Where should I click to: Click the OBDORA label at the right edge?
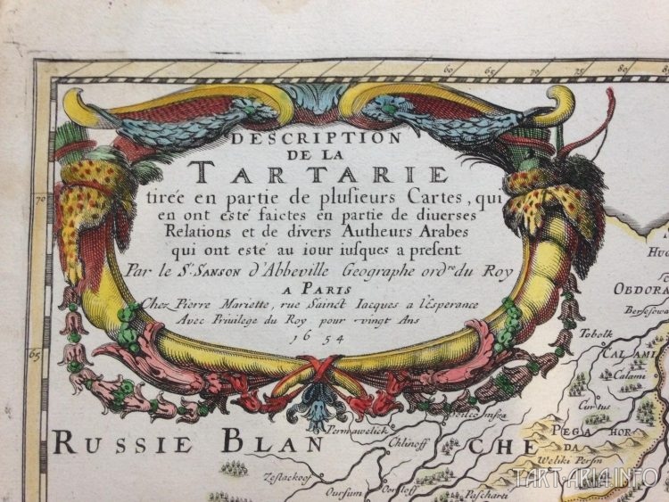point(640,289)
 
